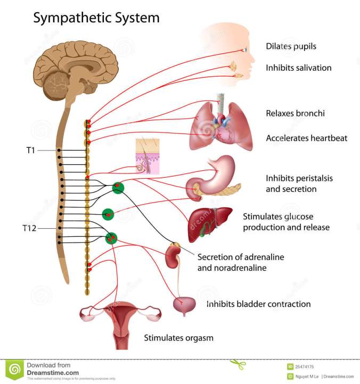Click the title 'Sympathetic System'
96,18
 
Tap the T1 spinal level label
31,151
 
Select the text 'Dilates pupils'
291,46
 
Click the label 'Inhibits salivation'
299,68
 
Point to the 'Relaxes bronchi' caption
295,113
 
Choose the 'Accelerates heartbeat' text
306,138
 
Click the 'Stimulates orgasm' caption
178,338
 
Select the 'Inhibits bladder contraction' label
258,304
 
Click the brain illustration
75,66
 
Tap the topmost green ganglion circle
118,188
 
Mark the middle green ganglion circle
108,214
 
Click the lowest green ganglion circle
111,238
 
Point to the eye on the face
246,50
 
